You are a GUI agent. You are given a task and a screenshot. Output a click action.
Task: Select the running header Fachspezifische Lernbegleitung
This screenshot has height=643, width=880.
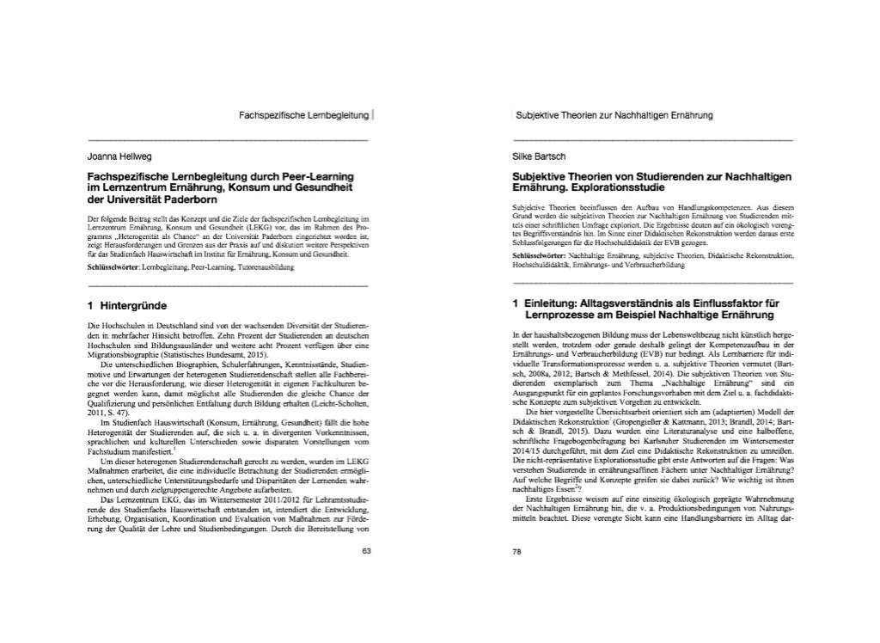point(304,114)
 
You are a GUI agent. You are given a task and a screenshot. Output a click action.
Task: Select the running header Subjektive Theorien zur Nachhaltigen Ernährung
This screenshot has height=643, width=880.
point(614,114)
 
